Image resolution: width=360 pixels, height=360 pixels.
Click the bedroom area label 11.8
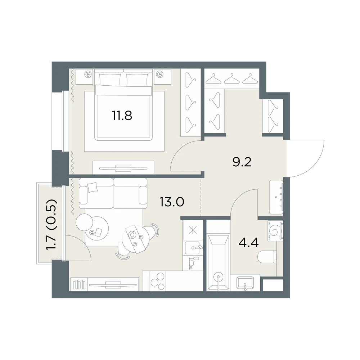(x=122, y=116)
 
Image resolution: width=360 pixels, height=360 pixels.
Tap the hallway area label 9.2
(x=242, y=162)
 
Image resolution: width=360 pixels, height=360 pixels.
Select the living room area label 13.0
(x=172, y=202)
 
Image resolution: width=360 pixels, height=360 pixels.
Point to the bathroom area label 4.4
(x=249, y=242)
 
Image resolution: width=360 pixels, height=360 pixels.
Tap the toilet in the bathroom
(x=267, y=257)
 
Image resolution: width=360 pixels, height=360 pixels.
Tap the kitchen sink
(x=193, y=248)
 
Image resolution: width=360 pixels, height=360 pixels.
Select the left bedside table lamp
(x=88, y=74)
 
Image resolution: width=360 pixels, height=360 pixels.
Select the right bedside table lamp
(x=159, y=74)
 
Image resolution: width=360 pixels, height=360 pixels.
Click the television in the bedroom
(x=123, y=168)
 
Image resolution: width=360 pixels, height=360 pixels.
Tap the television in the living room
(x=113, y=285)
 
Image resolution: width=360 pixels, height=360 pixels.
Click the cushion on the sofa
(x=93, y=187)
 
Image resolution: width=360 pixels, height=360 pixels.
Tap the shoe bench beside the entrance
(x=276, y=197)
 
